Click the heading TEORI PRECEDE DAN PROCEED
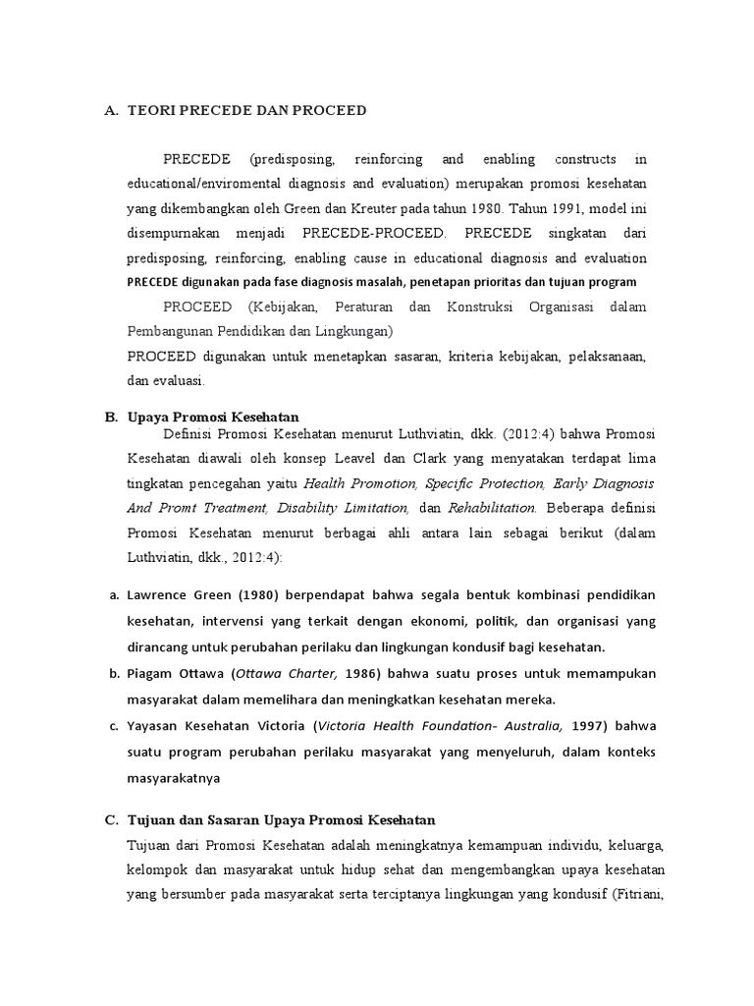246,111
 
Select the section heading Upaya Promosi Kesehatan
213,417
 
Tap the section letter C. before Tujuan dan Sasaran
111,819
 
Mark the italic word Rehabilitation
492,508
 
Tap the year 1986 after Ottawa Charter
365,673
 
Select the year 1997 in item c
587,725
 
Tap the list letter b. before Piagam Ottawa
112,673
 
